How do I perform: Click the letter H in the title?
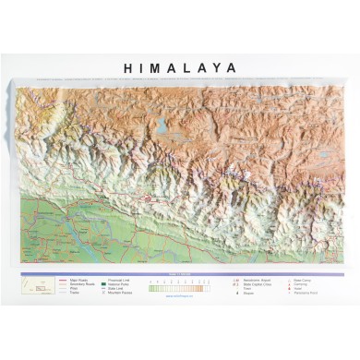click(128, 68)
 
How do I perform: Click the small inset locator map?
click(40, 287)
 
